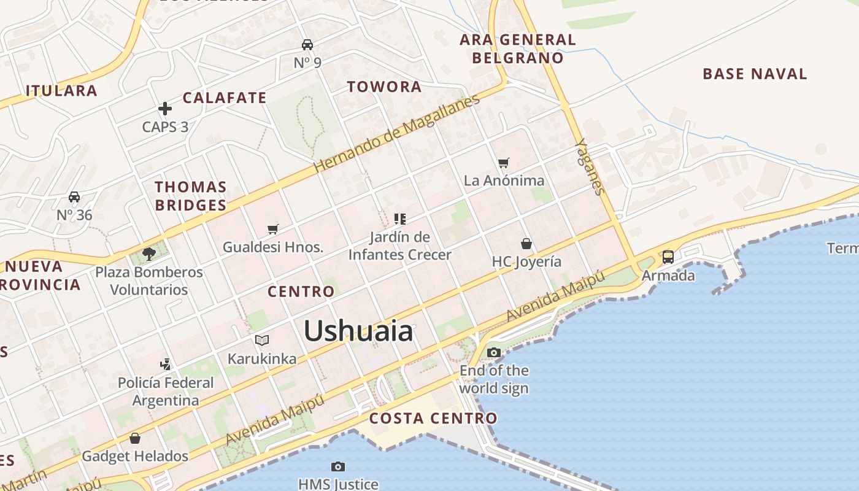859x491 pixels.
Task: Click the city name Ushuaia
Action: [358, 331]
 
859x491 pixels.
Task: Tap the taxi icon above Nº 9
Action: [307, 45]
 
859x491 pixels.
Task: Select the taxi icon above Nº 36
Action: [74, 197]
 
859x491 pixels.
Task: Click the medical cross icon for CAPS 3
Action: [165, 109]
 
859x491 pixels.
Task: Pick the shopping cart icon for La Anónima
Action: [504, 163]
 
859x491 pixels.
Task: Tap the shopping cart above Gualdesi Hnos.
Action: [273, 229]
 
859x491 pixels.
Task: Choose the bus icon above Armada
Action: [668, 257]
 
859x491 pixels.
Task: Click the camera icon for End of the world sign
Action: [494, 352]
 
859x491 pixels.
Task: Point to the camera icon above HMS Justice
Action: [337, 467]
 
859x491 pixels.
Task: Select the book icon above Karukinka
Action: [262, 340]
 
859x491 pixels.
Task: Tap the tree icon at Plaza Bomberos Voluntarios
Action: [148, 253]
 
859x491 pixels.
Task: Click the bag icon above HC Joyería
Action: [526, 244]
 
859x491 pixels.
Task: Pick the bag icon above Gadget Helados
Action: [135, 438]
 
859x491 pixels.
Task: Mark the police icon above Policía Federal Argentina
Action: [165, 364]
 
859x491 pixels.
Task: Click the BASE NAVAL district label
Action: [755, 74]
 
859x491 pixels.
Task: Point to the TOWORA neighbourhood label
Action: [384, 87]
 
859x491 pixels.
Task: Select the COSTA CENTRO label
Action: [433, 419]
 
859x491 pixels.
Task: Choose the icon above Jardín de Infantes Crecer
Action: [400, 218]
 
